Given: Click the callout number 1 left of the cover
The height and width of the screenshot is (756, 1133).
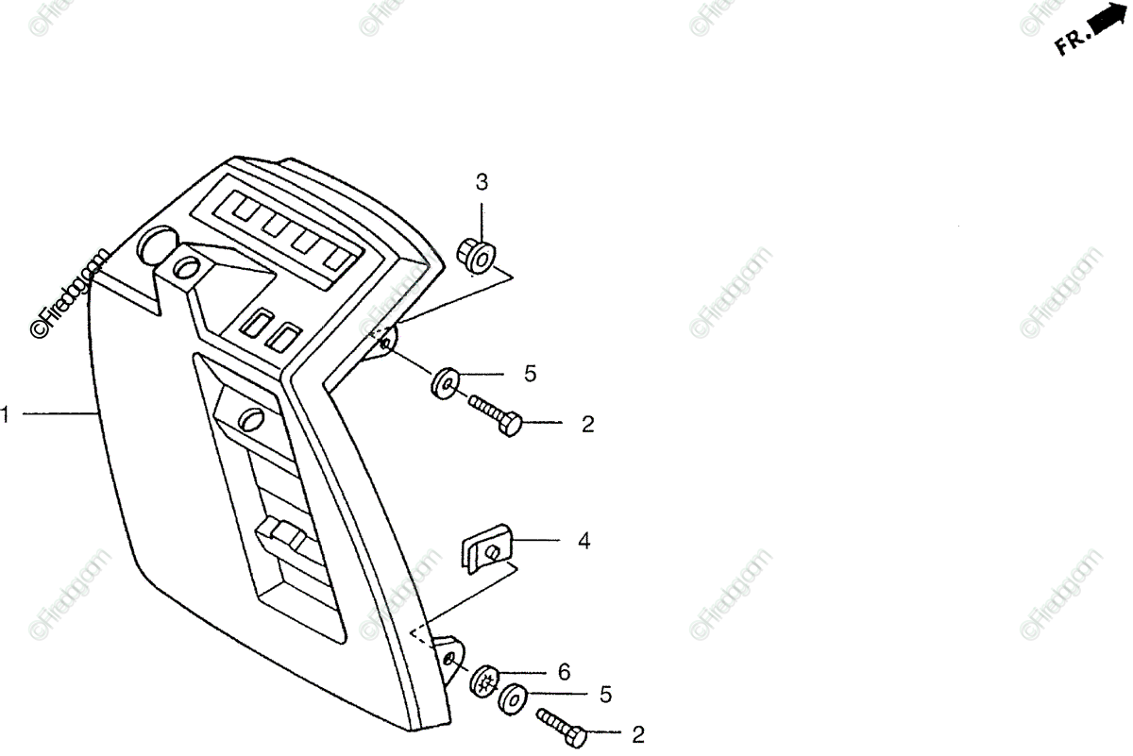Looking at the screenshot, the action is coord(5,413).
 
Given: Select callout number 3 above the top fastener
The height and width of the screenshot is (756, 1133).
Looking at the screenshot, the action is coord(482,182).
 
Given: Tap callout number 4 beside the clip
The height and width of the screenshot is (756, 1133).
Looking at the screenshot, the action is coord(584,541).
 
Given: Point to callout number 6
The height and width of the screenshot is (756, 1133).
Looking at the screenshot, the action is coord(564,672).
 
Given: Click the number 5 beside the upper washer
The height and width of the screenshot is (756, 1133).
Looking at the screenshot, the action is coord(531,374).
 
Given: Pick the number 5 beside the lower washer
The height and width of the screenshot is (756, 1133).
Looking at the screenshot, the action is coord(605,696).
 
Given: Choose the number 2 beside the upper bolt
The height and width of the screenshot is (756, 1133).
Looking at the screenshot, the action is coord(588,425).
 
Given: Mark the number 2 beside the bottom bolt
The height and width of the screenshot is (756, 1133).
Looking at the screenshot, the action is coord(638,734).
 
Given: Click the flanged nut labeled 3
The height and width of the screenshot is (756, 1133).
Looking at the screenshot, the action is coord(476,254).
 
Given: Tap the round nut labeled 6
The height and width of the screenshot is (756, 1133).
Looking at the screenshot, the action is coord(486,681).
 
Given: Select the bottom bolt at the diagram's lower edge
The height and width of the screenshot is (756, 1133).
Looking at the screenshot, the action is coord(563,728).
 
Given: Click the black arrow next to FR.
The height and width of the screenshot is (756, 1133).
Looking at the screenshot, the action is coord(1112,23).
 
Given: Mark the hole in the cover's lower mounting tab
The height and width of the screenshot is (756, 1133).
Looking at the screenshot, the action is coord(450,656).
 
